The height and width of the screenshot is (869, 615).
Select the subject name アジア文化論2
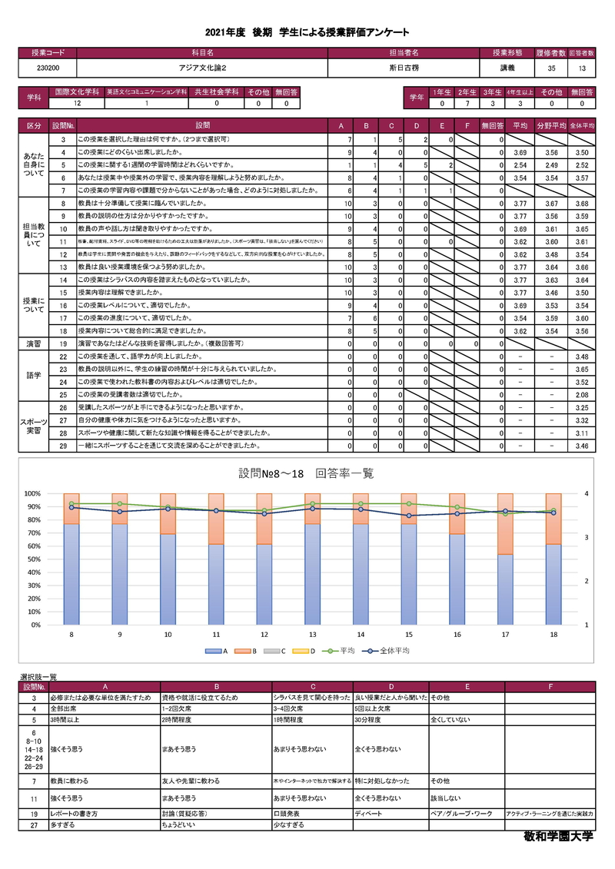(x=201, y=68)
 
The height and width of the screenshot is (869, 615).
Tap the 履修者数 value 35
(x=551, y=68)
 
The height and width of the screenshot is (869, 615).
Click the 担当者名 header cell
(x=404, y=53)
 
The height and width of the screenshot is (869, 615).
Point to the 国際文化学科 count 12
(x=76, y=103)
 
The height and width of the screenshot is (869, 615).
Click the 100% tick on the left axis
(x=33, y=493)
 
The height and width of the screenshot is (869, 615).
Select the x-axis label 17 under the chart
(x=505, y=635)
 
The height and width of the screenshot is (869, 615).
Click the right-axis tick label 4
(x=587, y=493)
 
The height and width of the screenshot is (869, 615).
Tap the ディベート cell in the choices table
(x=369, y=812)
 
